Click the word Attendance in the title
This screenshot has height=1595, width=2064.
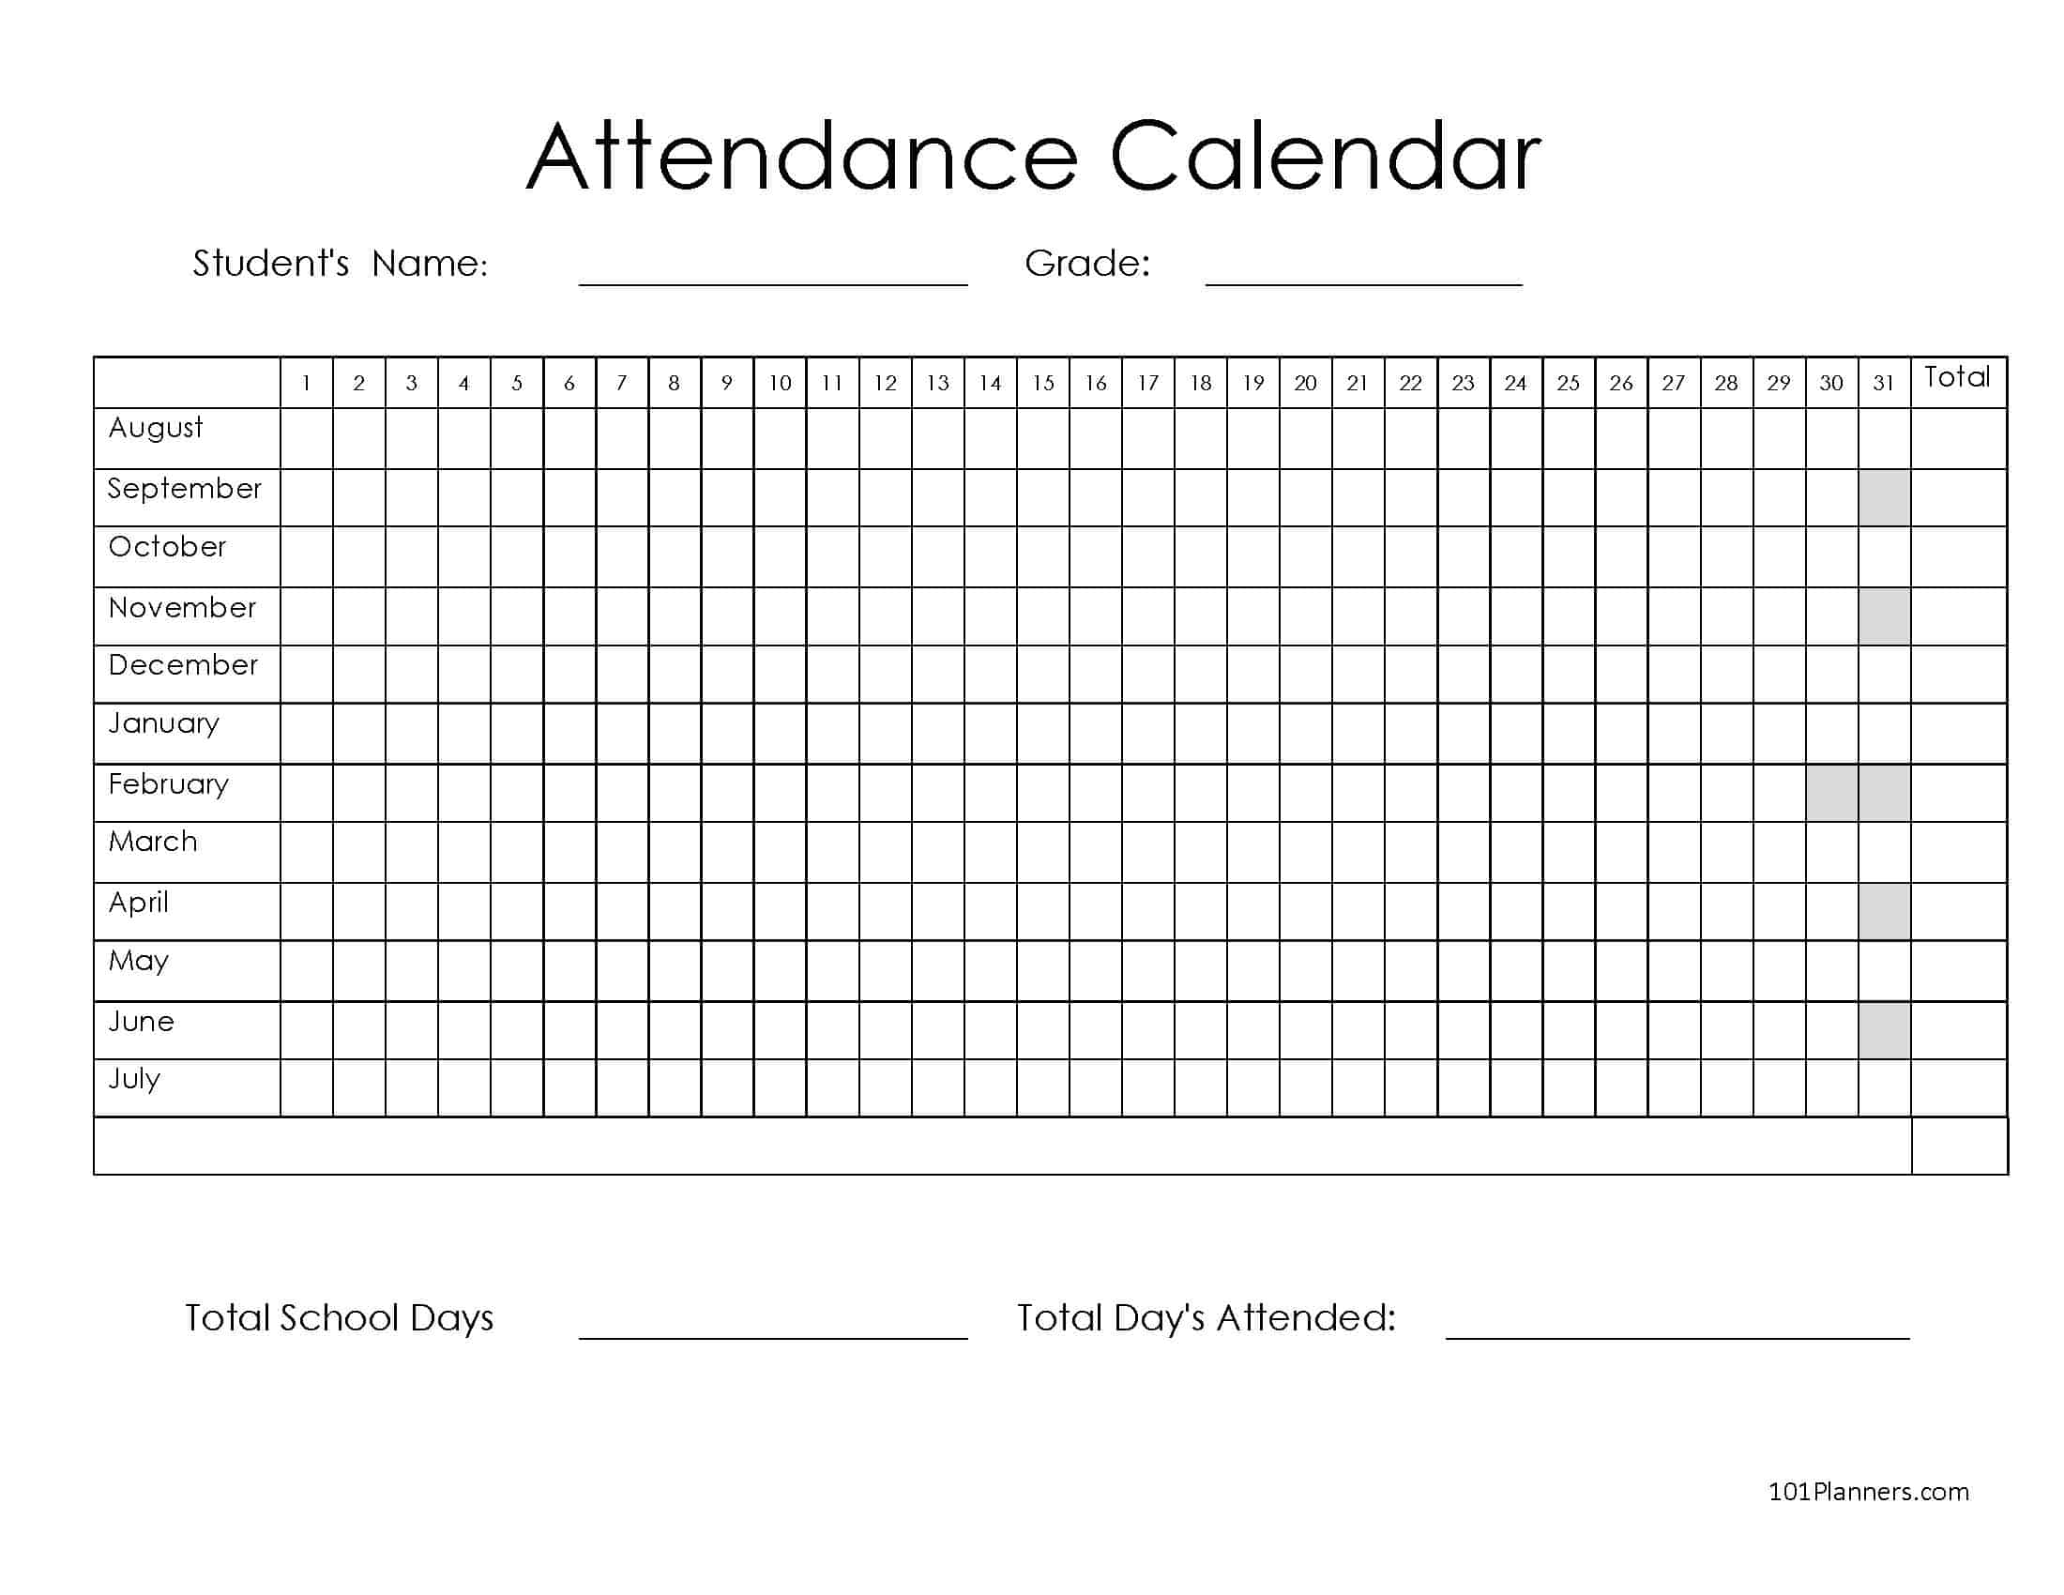click(801, 157)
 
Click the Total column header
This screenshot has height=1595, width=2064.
click(1957, 378)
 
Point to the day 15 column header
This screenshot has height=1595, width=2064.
click(1042, 383)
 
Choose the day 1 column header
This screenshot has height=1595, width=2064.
click(306, 383)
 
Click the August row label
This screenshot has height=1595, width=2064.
click(156, 428)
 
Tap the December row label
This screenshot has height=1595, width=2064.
click(182, 665)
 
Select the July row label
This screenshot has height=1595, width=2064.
click(134, 1079)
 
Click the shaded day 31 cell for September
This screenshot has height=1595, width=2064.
click(1884, 498)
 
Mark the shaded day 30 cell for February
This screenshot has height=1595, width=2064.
click(1831, 793)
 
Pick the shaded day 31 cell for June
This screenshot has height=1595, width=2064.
click(1884, 1030)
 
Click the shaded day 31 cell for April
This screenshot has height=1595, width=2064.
click(1884, 912)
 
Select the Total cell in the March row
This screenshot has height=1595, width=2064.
click(1958, 852)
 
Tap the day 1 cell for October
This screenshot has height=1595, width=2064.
click(306, 556)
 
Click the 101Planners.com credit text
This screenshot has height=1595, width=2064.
click(1867, 1491)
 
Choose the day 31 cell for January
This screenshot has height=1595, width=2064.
click(1884, 734)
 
